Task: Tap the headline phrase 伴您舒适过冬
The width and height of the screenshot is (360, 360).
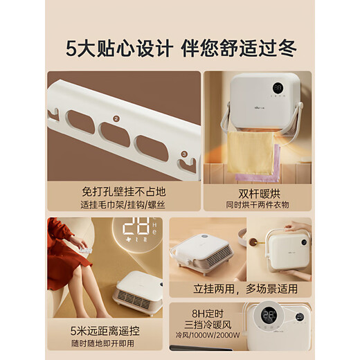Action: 240,48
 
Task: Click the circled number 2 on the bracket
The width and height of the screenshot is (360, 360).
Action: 116,118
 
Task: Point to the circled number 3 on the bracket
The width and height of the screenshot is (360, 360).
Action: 183,154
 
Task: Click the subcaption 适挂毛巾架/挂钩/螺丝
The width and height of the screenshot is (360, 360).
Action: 124,205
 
